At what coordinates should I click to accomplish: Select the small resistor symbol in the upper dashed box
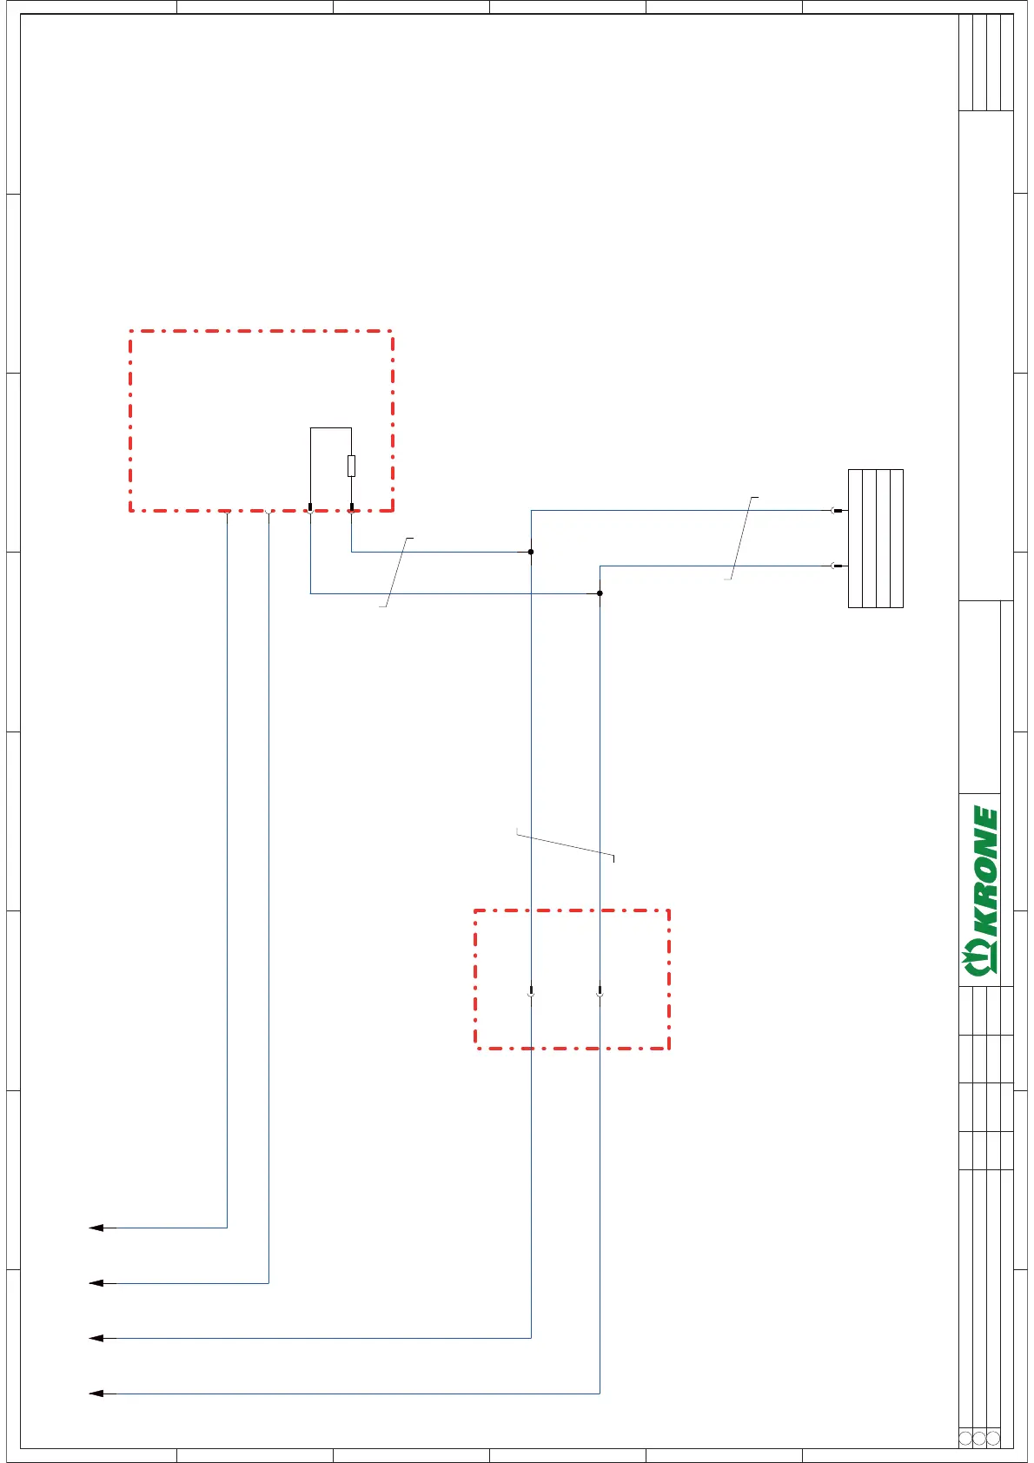[351, 466]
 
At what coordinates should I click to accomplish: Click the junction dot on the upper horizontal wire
[531, 552]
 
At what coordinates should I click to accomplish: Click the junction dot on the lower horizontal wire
[600, 593]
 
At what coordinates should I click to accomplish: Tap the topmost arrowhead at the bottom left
[96, 1228]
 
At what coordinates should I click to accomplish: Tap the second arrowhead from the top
[96, 1283]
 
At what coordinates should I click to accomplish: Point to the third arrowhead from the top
[96, 1338]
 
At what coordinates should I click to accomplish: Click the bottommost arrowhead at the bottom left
[96, 1393]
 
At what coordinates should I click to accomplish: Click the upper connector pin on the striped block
[837, 511]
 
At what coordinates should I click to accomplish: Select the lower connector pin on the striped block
[837, 566]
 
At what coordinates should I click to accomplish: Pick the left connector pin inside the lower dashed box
[531, 991]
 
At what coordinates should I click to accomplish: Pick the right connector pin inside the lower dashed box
[600, 991]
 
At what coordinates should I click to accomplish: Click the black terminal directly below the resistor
[351, 506]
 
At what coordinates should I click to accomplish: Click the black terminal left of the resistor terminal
[310, 506]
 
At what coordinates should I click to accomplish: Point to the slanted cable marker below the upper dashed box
[396, 573]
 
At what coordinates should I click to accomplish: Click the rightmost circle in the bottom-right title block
[993, 1438]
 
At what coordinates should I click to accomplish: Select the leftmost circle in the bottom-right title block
[965, 1438]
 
